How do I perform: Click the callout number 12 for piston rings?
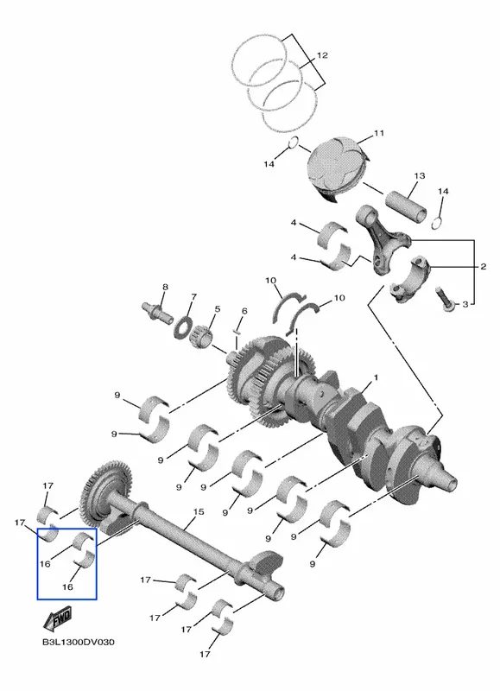tap(322, 55)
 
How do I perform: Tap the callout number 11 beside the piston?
tap(379, 133)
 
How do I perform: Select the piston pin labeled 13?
tap(406, 206)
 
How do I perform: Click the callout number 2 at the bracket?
tap(484, 266)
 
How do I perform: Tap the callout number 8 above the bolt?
tap(165, 288)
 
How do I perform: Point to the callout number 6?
tap(244, 311)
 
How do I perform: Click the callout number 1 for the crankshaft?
tap(376, 377)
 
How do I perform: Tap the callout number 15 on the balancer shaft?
tap(199, 511)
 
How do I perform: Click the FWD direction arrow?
tap(57, 619)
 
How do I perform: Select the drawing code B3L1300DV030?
tap(79, 642)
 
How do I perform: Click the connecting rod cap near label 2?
tap(409, 278)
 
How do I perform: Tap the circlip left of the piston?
tap(294, 143)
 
